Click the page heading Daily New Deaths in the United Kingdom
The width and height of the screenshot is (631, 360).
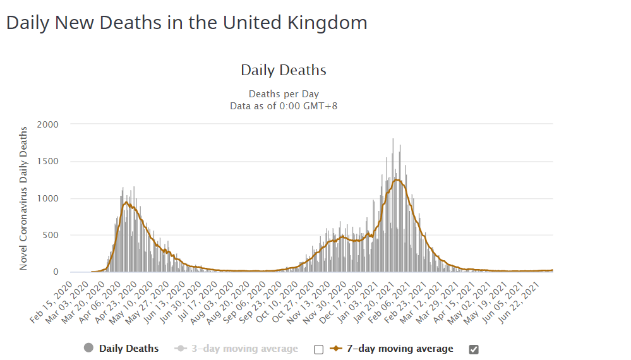point(186,23)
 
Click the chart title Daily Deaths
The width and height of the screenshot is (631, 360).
point(284,70)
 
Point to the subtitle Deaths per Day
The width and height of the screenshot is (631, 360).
point(284,94)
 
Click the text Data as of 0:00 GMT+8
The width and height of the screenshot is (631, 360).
point(284,105)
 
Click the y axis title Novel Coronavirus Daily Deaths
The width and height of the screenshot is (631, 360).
point(23,198)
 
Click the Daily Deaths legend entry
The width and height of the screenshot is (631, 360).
point(129,349)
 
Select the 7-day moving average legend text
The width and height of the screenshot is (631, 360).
point(400,349)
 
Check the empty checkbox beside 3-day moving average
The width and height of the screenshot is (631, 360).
point(318,349)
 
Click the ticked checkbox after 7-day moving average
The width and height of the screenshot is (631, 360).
point(474,349)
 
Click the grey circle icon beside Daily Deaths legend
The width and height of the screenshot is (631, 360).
point(88,348)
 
